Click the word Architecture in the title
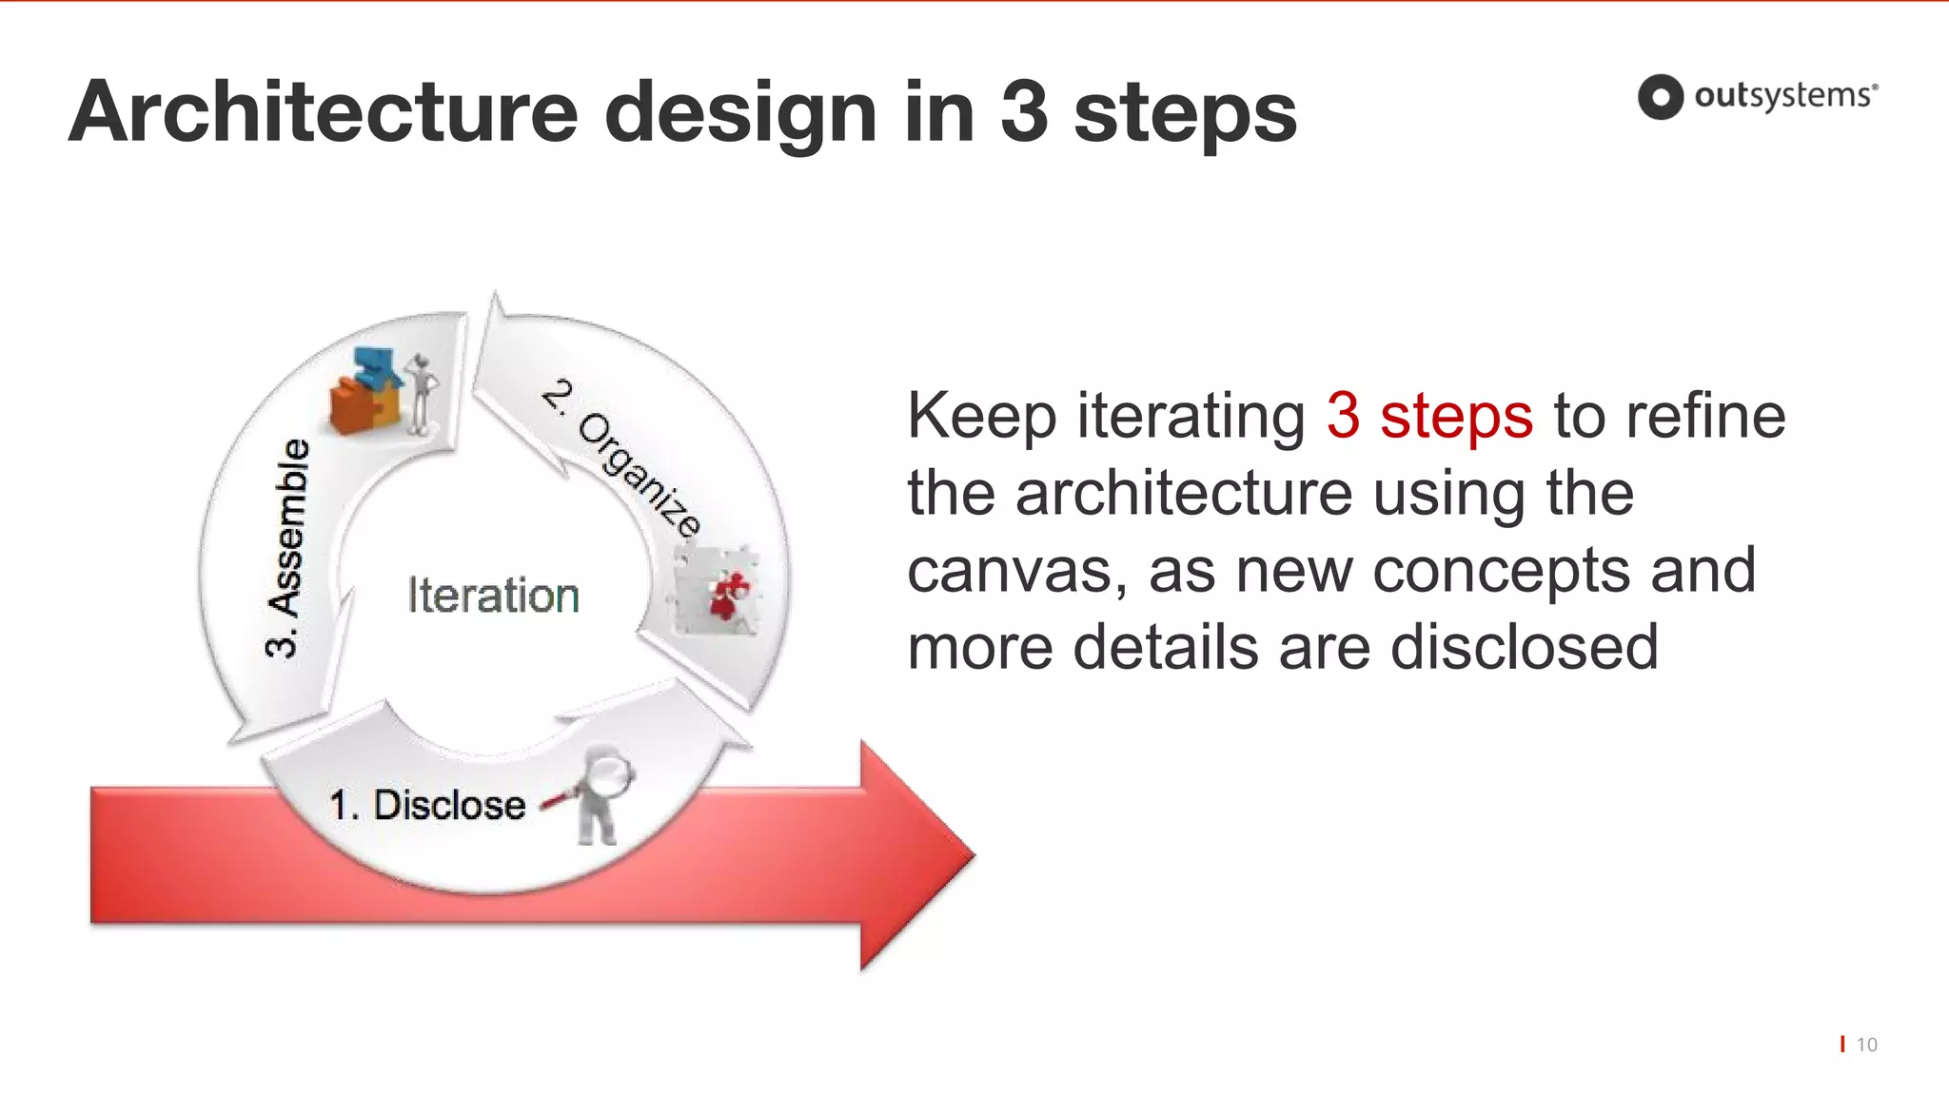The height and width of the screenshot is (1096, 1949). [324, 112]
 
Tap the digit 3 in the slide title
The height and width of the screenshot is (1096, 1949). [1024, 112]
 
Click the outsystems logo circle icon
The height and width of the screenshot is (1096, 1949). [1661, 97]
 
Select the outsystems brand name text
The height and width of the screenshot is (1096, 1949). [1783, 96]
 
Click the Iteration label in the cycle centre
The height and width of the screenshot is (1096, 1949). [493, 596]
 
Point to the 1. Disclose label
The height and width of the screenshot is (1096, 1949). [427, 805]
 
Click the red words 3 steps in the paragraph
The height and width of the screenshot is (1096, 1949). [1428, 416]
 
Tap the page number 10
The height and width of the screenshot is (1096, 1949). [1866, 1045]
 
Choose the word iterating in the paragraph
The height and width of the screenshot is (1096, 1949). [1191, 416]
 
